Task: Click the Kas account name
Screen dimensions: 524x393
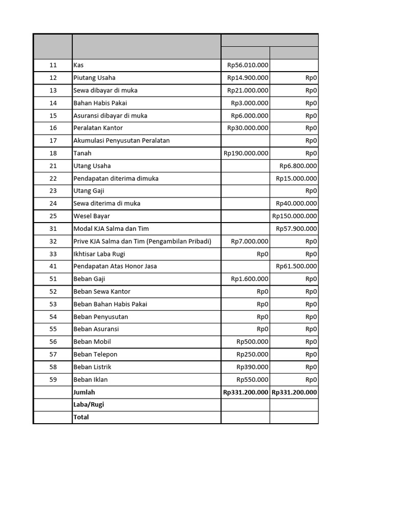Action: [78, 65]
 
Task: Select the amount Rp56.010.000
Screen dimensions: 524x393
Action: [248, 65]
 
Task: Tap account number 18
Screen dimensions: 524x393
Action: [53, 153]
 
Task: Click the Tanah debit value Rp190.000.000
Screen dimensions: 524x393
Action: [246, 153]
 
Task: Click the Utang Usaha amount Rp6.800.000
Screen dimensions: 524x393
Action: [298, 166]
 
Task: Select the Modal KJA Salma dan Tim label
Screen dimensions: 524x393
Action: [111, 229]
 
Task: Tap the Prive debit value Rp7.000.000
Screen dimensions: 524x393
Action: [249, 241]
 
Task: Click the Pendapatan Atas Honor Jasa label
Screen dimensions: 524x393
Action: [115, 266]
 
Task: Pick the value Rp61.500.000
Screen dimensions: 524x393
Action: [296, 266]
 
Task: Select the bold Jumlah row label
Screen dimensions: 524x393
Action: [84, 392]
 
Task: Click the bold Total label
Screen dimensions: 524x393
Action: [81, 417]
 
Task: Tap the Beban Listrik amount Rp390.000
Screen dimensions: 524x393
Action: [252, 367]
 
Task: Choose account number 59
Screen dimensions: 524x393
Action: [53, 380]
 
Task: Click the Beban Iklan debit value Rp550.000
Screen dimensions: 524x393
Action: [252, 380]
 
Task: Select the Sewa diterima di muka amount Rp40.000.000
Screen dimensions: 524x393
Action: [296, 203]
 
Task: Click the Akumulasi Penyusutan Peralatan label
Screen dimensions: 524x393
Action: [121, 140]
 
